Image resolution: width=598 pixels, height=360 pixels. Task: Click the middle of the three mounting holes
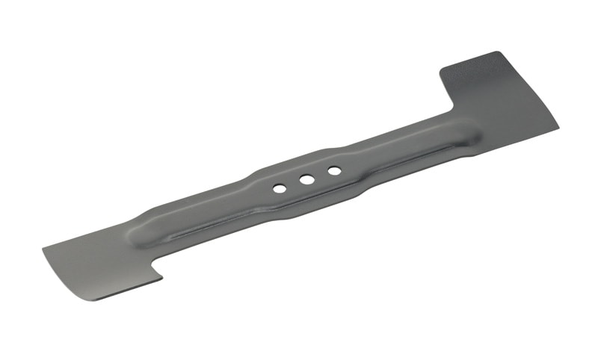pyautogui.click(x=306, y=179)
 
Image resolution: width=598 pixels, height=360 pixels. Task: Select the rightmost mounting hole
pyautogui.click(x=334, y=171)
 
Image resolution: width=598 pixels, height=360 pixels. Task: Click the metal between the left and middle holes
pyautogui.click(x=292, y=184)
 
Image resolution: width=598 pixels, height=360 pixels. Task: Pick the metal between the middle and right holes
pyautogui.click(x=321, y=176)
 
